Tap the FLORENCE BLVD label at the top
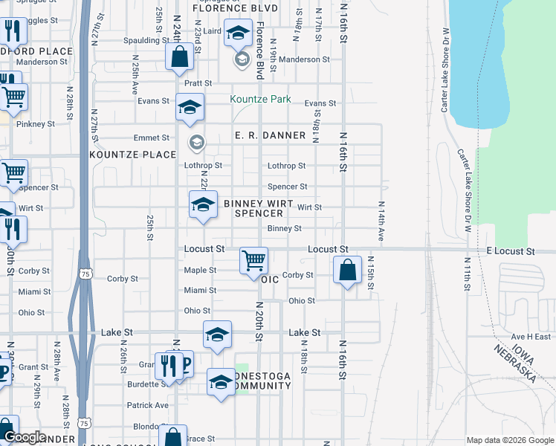[x=224, y=8]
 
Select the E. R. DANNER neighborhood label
[x=270, y=135]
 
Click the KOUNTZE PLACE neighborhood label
[x=132, y=155]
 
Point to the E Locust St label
[x=511, y=252]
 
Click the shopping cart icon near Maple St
[x=254, y=260]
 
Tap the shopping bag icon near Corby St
[x=347, y=270]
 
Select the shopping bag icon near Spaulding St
[x=180, y=56]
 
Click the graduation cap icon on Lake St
[x=217, y=334]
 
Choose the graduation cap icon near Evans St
[x=190, y=108]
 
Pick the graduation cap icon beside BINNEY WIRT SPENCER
[x=203, y=205]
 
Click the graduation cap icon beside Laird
[x=239, y=33]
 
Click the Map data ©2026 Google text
[x=510, y=440]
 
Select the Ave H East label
[x=530, y=336]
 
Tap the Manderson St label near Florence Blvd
[x=304, y=59]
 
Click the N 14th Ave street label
[x=381, y=221]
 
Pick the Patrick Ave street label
[x=147, y=405]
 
